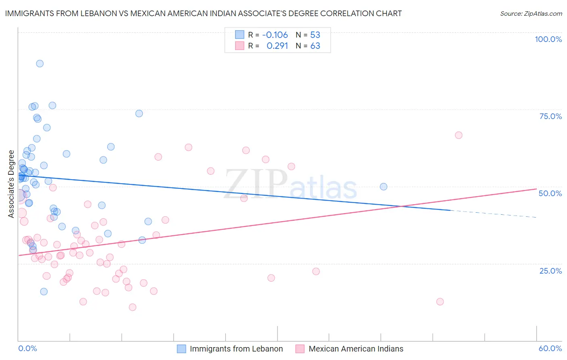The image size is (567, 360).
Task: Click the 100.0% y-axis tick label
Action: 548,39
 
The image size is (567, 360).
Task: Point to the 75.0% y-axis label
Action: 550,116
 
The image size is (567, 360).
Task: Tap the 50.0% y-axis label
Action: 550,193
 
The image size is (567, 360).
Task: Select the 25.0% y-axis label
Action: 550,270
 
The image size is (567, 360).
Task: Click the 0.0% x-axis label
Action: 27,348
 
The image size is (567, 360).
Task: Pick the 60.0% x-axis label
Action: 550,348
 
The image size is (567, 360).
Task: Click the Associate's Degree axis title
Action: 11,184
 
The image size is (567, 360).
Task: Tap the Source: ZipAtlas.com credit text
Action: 531,13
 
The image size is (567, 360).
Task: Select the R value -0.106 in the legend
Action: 275,35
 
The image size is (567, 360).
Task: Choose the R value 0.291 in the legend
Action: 277,46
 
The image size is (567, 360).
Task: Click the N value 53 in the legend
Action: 315,35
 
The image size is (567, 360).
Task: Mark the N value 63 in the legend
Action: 315,46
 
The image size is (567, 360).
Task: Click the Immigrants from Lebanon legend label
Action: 236,349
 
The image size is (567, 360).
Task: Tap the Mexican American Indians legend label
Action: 356,349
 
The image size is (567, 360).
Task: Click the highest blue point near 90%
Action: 40,63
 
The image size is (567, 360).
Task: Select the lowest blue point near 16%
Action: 44,291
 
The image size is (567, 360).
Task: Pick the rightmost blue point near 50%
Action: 384,186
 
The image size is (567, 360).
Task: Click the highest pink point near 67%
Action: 459,135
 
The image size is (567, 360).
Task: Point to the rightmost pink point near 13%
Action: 440,301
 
